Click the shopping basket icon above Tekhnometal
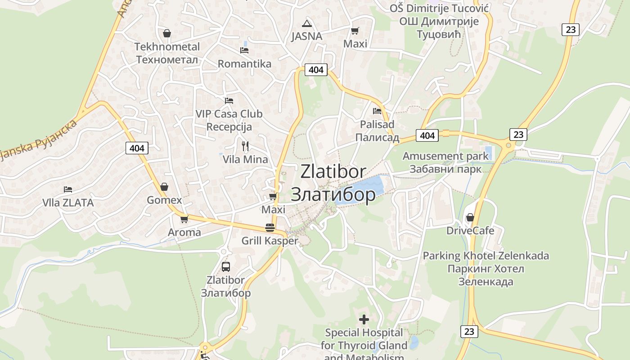click(167, 33)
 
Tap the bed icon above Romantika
click(244, 50)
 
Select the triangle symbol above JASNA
click(307, 23)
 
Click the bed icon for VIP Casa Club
click(229, 100)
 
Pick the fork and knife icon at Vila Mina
click(245, 146)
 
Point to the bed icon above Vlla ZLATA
click(68, 189)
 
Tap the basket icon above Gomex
click(165, 187)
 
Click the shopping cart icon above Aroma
click(184, 220)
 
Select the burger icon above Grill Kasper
click(270, 228)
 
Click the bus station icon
click(226, 266)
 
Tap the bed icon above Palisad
click(377, 111)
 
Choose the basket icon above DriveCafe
click(470, 218)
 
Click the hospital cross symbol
click(364, 319)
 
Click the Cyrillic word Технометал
click(167, 59)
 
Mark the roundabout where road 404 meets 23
click(509, 145)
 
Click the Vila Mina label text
click(245, 159)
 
